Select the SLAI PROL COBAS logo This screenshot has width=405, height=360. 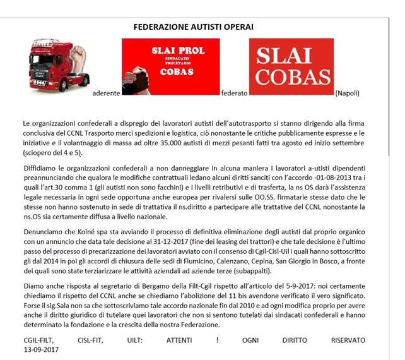coord(170,66)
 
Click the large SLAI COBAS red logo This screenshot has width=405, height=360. coord(291,66)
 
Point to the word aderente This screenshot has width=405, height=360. coord(106,93)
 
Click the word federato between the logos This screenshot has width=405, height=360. coord(234,93)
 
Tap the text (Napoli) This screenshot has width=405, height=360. coord(350,93)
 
